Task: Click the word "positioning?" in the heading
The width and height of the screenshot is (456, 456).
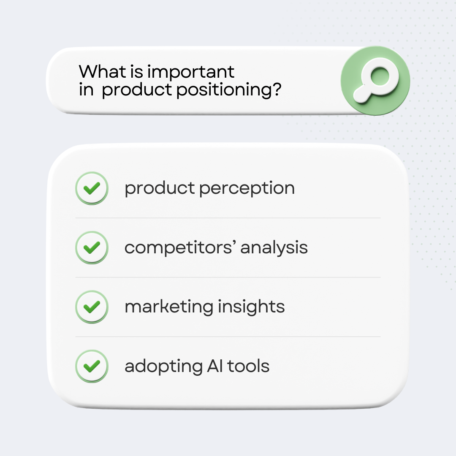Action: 228,90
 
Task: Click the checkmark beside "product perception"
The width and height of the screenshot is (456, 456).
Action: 92,188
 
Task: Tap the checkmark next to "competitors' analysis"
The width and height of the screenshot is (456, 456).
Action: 92,247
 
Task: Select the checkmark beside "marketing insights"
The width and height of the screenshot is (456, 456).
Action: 92,307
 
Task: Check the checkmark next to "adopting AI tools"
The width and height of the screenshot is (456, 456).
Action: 92,366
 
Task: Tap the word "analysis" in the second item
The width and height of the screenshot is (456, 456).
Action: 274,248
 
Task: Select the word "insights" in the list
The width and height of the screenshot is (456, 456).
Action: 252,307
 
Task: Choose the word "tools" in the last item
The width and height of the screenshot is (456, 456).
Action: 249,366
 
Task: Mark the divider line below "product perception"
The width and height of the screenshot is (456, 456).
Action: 228,218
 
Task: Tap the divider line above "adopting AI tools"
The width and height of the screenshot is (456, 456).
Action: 228,337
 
